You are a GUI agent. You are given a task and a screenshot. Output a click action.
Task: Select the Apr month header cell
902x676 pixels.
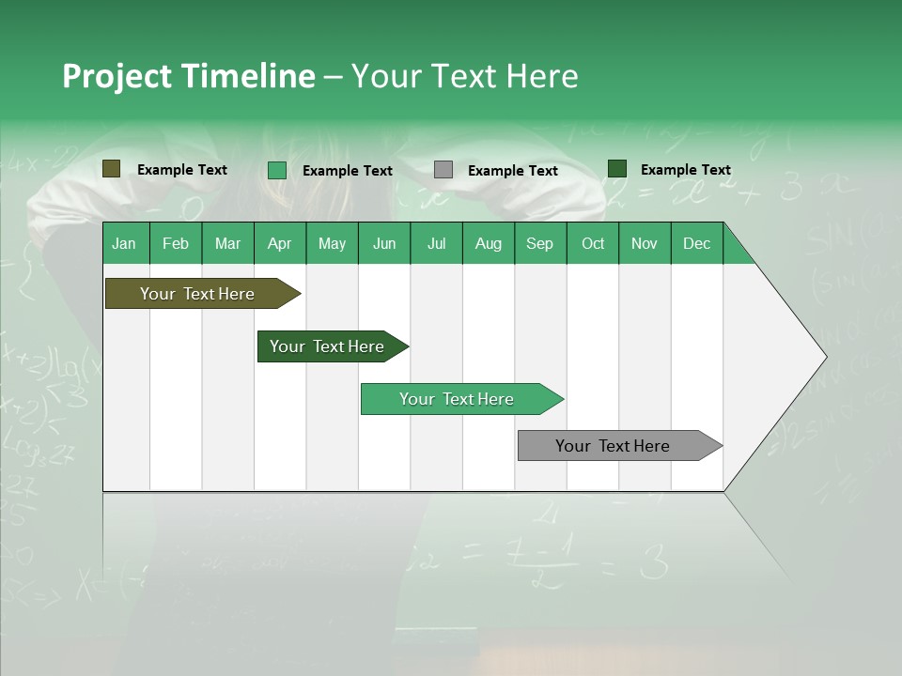pyautogui.click(x=280, y=243)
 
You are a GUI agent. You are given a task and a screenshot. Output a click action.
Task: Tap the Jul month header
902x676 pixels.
pyautogui.click(x=436, y=243)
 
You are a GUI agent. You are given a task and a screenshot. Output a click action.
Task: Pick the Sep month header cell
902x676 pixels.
pyautogui.click(x=540, y=243)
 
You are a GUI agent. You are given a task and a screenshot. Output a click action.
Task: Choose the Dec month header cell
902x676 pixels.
pyautogui.click(x=697, y=243)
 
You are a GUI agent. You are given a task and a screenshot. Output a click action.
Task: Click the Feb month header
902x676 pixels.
pyautogui.click(x=176, y=243)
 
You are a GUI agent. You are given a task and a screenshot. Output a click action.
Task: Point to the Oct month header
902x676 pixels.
pyautogui.click(x=593, y=243)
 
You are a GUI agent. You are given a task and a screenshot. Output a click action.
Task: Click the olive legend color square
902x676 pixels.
pyautogui.click(x=111, y=169)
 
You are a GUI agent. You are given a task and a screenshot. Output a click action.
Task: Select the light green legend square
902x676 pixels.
pyautogui.click(x=277, y=170)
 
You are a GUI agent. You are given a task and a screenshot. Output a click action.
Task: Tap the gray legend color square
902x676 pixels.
pyautogui.click(x=443, y=170)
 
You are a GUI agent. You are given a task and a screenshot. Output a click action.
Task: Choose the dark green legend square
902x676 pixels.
pyautogui.click(x=617, y=169)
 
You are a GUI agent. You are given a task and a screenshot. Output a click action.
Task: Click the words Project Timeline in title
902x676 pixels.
pyautogui.click(x=189, y=76)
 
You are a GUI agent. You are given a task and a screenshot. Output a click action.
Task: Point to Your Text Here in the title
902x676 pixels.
pyautogui.click(x=465, y=76)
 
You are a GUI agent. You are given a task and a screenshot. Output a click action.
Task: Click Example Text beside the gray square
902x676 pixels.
pyautogui.click(x=513, y=171)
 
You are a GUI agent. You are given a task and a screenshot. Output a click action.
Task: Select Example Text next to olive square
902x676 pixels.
pyautogui.click(x=182, y=170)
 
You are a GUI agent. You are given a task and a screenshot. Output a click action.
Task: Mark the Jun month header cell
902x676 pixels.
pyautogui.click(x=384, y=243)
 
